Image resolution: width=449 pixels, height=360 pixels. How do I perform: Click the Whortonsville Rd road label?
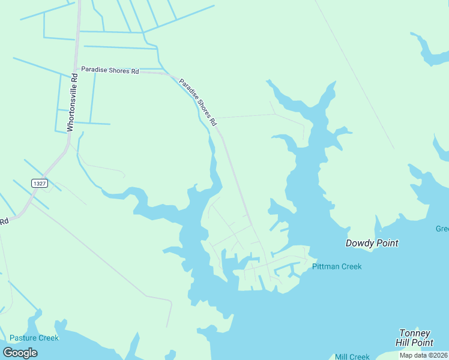coord(72,103)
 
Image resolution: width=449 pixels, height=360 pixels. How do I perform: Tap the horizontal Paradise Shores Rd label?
coord(110,70)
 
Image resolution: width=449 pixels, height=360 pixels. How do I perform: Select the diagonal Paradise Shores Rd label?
coord(197,103)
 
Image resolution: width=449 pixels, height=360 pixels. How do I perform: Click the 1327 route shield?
coord(40,183)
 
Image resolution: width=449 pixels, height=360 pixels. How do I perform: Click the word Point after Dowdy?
coord(387,243)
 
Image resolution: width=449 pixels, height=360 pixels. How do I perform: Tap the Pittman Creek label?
coord(337,266)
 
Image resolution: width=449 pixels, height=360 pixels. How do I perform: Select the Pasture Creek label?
coord(34,338)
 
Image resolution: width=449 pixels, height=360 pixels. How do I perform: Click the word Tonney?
coord(415,333)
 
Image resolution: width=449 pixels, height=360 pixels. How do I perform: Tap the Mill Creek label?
coord(352,356)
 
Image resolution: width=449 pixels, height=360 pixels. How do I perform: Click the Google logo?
coord(20,353)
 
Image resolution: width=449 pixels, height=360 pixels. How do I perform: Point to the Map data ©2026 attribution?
coord(424,355)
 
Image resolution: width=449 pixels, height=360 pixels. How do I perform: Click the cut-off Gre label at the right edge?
coord(442,229)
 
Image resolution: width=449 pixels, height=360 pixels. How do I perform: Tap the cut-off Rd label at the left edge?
coord(4,221)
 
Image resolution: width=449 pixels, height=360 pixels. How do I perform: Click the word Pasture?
coord(23,338)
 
